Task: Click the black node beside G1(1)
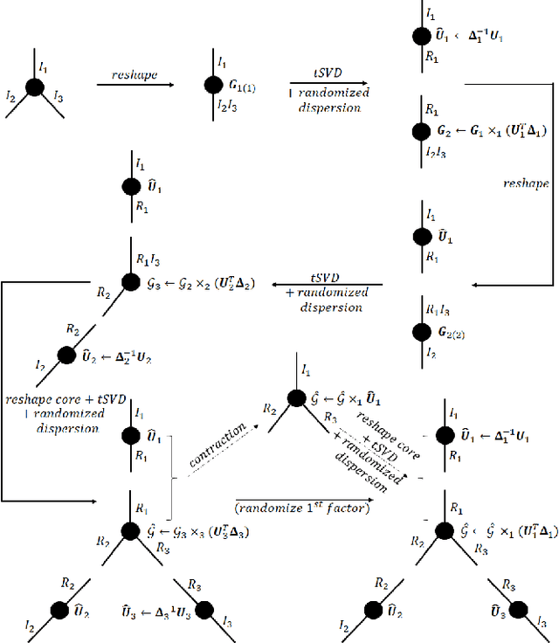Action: coord(212,86)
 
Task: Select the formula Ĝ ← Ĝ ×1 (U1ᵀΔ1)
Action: coord(489,530)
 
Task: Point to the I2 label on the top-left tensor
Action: coord(11,98)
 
